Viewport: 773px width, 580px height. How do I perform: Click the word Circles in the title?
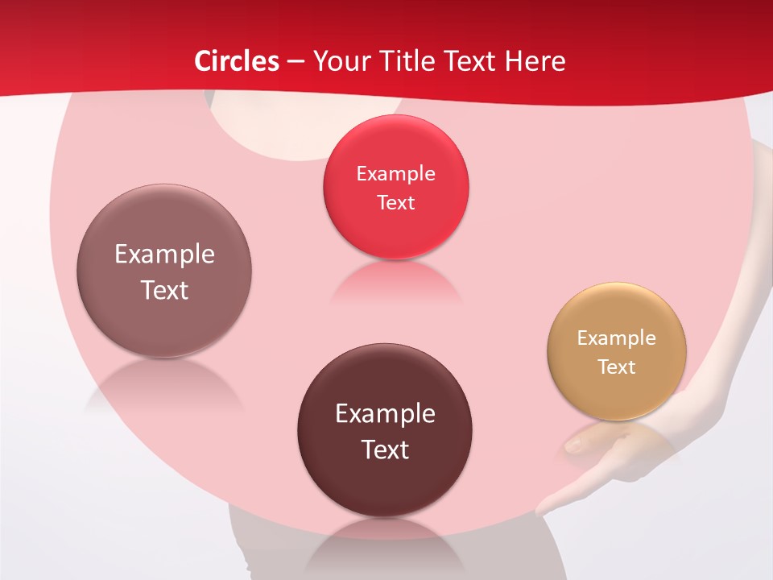[237, 61]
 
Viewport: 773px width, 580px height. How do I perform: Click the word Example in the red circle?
[395, 174]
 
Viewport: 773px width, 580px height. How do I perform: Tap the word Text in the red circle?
[395, 203]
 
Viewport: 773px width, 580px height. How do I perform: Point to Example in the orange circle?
[617, 338]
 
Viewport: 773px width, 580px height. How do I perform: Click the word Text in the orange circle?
[617, 367]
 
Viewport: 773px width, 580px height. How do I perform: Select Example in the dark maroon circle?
[385, 414]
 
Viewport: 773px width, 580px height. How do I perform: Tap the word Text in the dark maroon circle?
[385, 449]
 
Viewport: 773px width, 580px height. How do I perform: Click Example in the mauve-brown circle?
[164, 255]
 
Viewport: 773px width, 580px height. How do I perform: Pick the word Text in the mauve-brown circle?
[164, 290]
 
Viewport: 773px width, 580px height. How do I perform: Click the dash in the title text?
[296, 62]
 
